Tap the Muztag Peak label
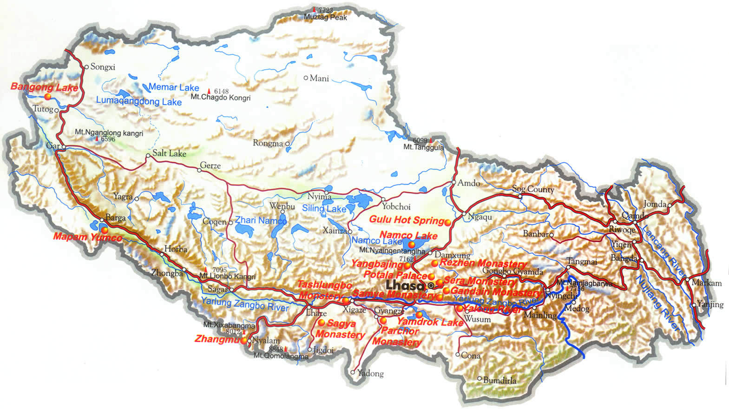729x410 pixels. pos(325,17)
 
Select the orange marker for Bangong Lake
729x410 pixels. pos(48,96)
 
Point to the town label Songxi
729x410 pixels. pos(102,67)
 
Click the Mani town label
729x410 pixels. pos(319,78)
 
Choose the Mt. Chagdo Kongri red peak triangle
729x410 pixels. pos(209,91)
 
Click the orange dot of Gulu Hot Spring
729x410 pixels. pos(448,223)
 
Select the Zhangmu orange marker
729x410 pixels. pos(244,340)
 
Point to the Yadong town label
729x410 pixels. pos(370,373)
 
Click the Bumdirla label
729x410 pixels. pos(499,380)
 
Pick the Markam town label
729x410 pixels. pos(706,283)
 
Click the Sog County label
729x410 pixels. pos(533,189)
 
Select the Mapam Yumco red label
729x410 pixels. pos(87,237)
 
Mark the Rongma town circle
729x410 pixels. pos(288,144)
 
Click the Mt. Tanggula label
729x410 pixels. pos(423,147)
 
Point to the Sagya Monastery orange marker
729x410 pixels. pos(321,322)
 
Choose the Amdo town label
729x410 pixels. pos(468,183)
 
